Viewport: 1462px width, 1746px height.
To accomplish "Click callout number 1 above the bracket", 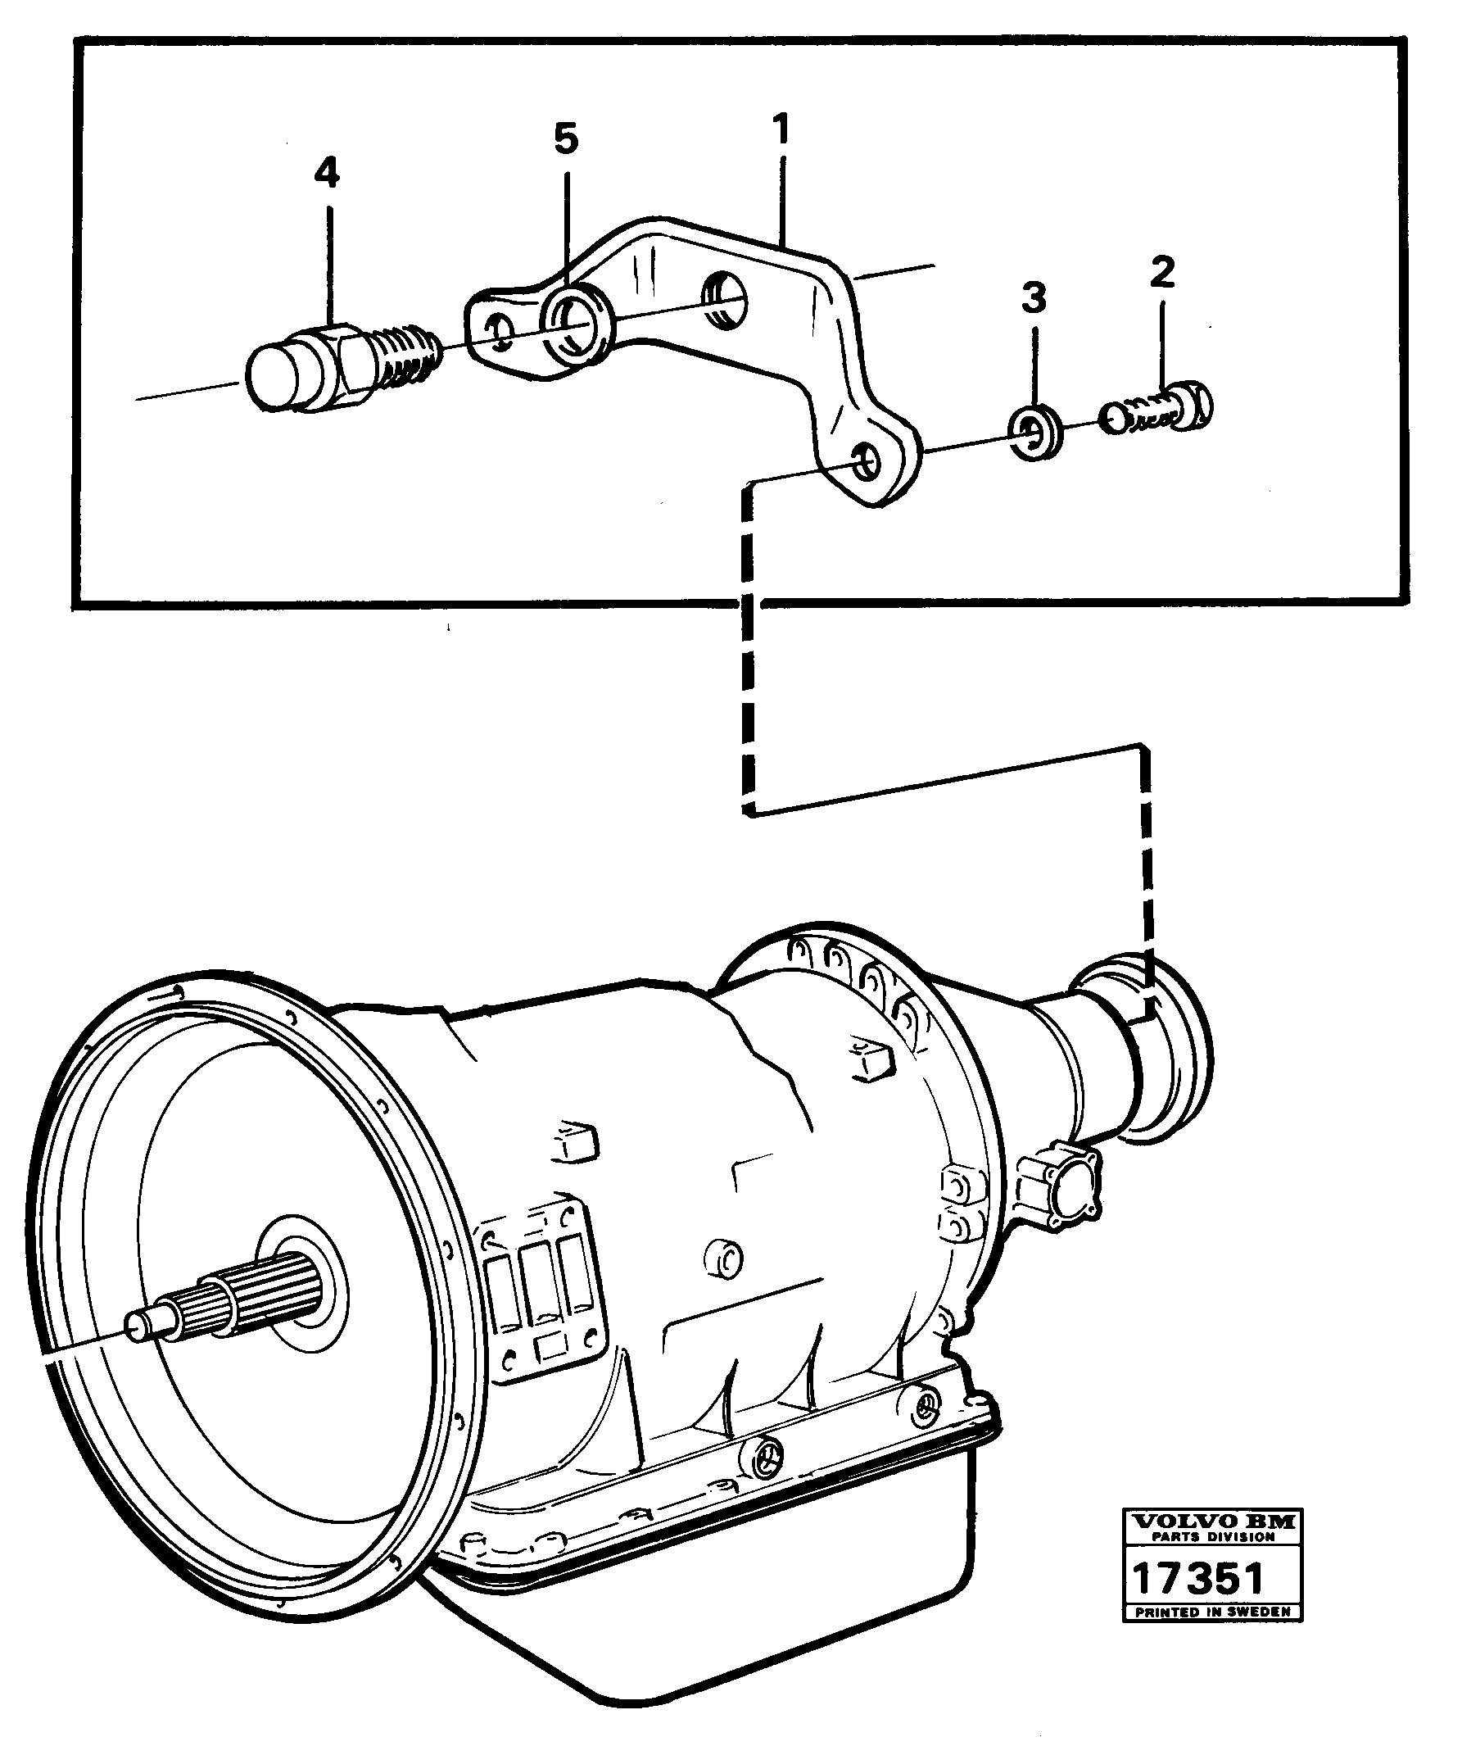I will coord(781,130).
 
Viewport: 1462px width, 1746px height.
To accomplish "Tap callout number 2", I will coord(1162,272).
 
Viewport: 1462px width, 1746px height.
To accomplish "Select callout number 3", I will coord(1033,297).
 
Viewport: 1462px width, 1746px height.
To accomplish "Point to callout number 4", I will coord(327,173).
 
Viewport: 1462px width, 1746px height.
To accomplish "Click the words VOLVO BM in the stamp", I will coord(1213,1522).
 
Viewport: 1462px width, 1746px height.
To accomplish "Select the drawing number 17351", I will coord(1199,1578).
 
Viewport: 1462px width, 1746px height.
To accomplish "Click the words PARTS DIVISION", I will coord(1213,1537).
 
